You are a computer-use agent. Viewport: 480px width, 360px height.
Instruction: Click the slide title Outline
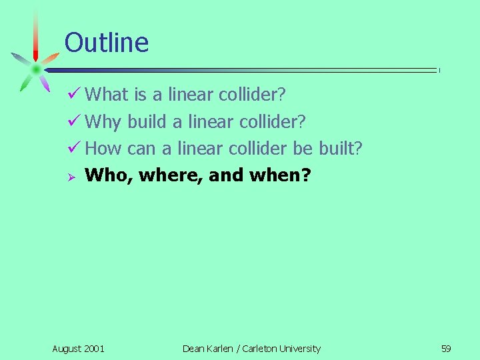coord(107,43)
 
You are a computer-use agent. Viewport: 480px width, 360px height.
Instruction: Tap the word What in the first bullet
coord(107,95)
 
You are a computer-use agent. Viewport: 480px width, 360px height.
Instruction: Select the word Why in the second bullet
coord(103,122)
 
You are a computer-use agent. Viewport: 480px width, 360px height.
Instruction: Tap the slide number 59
coord(446,349)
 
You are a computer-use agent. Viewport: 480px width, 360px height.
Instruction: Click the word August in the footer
coord(67,349)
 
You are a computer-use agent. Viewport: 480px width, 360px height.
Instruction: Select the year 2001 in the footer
coord(94,349)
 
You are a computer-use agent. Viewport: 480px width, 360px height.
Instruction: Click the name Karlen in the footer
coord(221,349)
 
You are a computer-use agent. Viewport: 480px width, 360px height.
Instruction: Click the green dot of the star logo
coord(35,68)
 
